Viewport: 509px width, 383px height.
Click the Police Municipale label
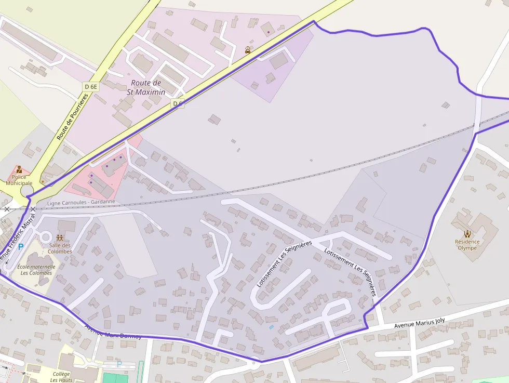(19, 180)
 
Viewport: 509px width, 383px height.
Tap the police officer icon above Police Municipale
(19, 169)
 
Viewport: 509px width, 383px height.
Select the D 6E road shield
(90, 87)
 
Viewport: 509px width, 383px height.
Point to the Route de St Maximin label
(146, 87)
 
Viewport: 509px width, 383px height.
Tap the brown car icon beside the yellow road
(248, 50)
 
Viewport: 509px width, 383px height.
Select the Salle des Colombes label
(60, 248)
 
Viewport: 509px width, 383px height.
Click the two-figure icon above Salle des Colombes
(60, 238)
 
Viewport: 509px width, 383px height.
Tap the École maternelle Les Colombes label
(36, 270)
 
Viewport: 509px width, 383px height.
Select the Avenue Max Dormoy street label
(113, 332)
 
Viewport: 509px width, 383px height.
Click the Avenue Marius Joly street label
(419, 323)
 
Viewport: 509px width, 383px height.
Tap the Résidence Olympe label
(467, 245)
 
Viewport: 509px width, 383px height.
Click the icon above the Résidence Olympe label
(467, 233)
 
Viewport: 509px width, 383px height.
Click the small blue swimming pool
(271, 327)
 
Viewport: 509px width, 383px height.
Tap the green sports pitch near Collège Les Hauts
(115, 378)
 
